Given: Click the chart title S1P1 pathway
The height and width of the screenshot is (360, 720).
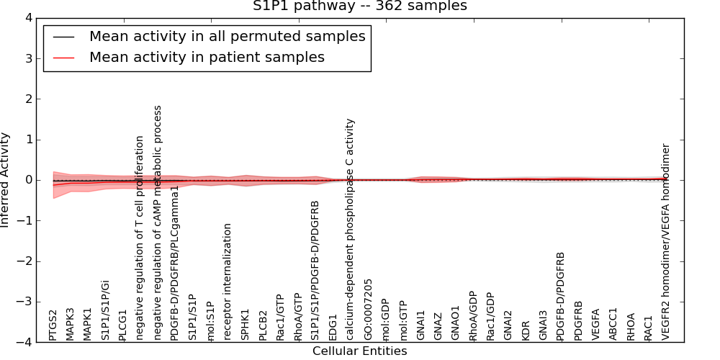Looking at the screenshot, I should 359,6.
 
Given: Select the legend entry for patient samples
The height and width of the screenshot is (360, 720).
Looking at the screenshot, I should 207,57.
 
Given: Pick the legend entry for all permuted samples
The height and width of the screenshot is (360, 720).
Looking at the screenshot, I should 227,36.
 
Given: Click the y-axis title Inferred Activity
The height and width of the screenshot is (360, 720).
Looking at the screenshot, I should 6,179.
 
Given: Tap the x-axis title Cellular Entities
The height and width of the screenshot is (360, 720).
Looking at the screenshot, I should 359,351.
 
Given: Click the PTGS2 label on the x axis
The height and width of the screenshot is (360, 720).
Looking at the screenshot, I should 53,325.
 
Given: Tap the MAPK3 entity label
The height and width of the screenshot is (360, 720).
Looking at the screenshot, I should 70,323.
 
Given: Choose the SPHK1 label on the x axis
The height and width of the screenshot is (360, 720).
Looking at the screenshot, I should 245,325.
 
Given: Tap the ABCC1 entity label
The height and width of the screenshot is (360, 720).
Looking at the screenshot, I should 613,324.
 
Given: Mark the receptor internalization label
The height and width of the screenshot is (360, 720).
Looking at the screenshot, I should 228,282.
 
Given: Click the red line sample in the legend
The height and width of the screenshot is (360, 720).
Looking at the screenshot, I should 63,57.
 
